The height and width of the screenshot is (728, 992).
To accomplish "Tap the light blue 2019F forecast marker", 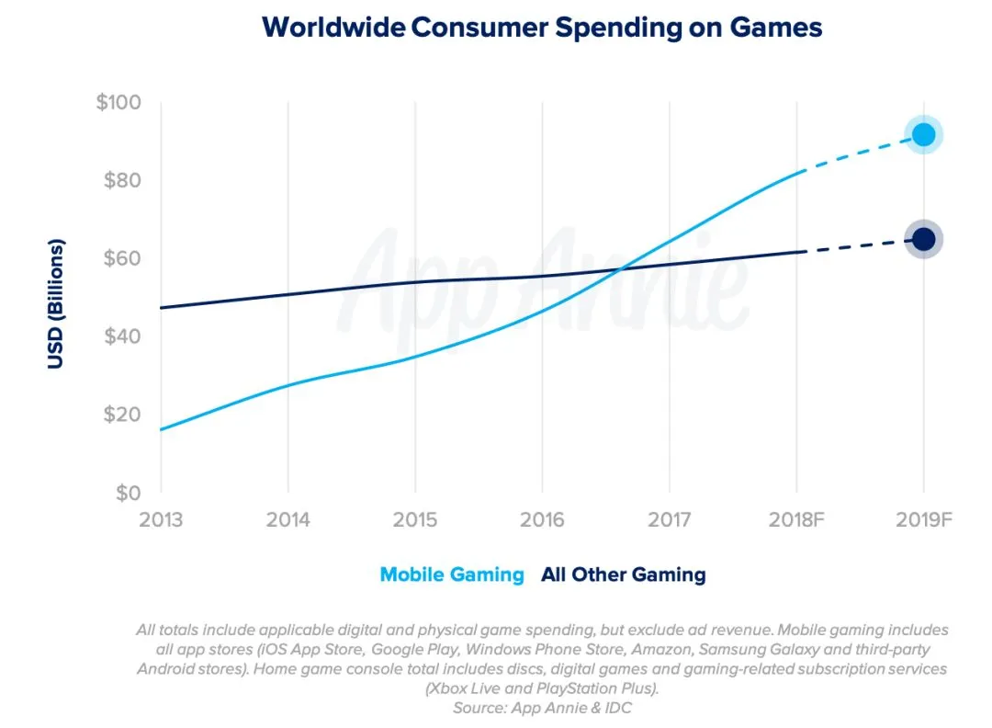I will click(x=923, y=135).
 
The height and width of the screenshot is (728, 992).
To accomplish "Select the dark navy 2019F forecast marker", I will click(x=923, y=239).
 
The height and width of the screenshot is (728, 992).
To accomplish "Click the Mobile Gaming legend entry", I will click(x=452, y=575).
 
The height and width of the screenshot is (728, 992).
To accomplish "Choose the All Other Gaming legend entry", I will click(x=624, y=575).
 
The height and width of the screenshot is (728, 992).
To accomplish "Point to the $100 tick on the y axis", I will click(x=118, y=102).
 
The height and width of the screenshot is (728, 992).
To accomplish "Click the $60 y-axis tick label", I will click(x=122, y=258).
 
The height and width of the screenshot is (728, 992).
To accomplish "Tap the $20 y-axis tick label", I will click(x=122, y=415).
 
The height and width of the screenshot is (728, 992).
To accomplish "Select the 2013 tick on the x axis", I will click(x=161, y=520).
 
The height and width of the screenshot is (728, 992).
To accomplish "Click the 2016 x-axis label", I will click(x=542, y=520).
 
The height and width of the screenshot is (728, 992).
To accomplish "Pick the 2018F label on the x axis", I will click(x=795, y=520).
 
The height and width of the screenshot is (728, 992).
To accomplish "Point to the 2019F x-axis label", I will click(x=923, y=520).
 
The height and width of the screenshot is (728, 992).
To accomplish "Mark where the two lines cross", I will click(x=622, y=269).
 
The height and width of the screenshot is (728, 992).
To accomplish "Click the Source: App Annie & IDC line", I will click(x=542, y=709).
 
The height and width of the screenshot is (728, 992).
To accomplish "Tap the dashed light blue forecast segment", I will click(x=859, y=152).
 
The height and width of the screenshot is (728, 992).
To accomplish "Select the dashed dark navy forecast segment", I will click(x=859, y=245).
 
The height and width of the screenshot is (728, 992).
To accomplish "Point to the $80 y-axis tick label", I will click(x=122, y=180).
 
